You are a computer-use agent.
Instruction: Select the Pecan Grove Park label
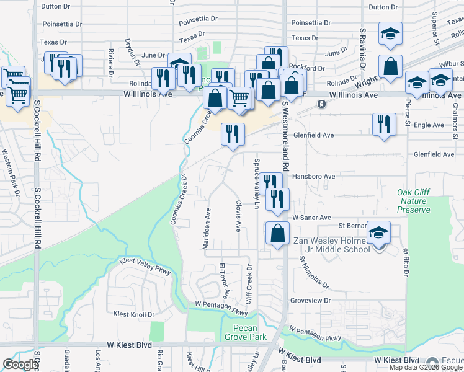(x=250, y=332)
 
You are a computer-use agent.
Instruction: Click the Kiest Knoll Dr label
(x=133, y=314)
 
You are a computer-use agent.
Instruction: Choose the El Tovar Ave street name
(x=225, y=281)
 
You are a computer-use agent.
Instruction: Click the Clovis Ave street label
(x=238, y=215)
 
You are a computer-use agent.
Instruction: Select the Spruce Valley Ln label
(x=256, y=184)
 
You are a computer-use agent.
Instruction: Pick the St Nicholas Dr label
(x=314, y=273)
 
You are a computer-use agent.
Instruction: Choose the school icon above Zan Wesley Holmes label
(x=378, y=231)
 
